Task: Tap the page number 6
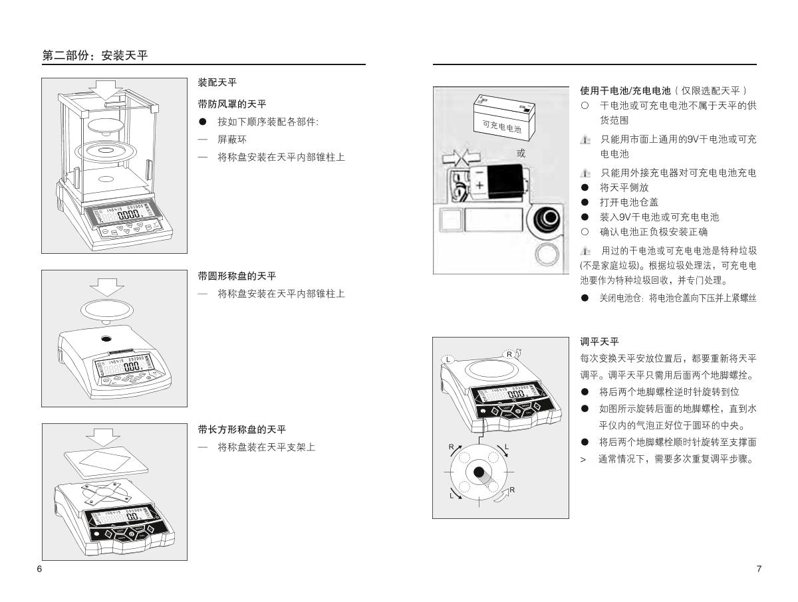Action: point(39,569)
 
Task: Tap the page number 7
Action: point(759,569)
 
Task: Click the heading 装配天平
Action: point(217,82)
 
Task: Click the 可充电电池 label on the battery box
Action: point(497,126)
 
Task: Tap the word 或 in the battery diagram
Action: point(521,153)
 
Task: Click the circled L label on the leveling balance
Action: point(448,359)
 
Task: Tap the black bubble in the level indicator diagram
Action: point(479,472)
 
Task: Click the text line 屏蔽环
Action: point(232,140)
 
